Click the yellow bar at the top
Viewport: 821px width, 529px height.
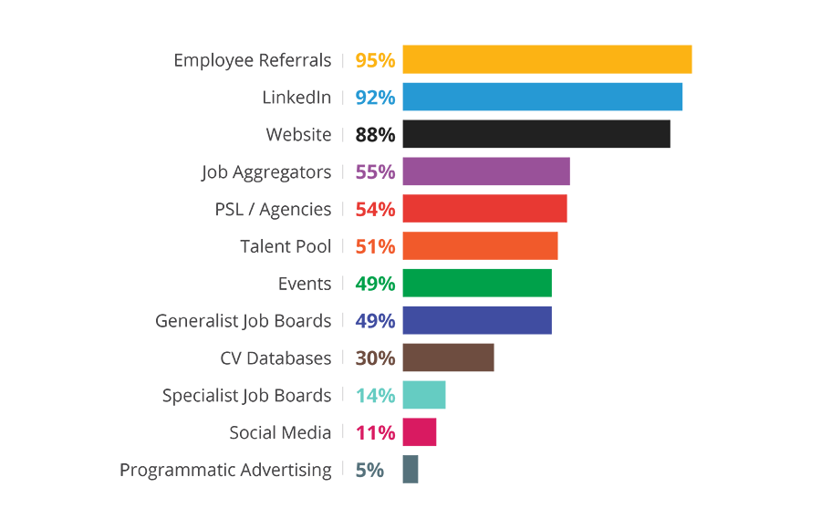coord(520,61)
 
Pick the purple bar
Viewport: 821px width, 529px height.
coord(465,171)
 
